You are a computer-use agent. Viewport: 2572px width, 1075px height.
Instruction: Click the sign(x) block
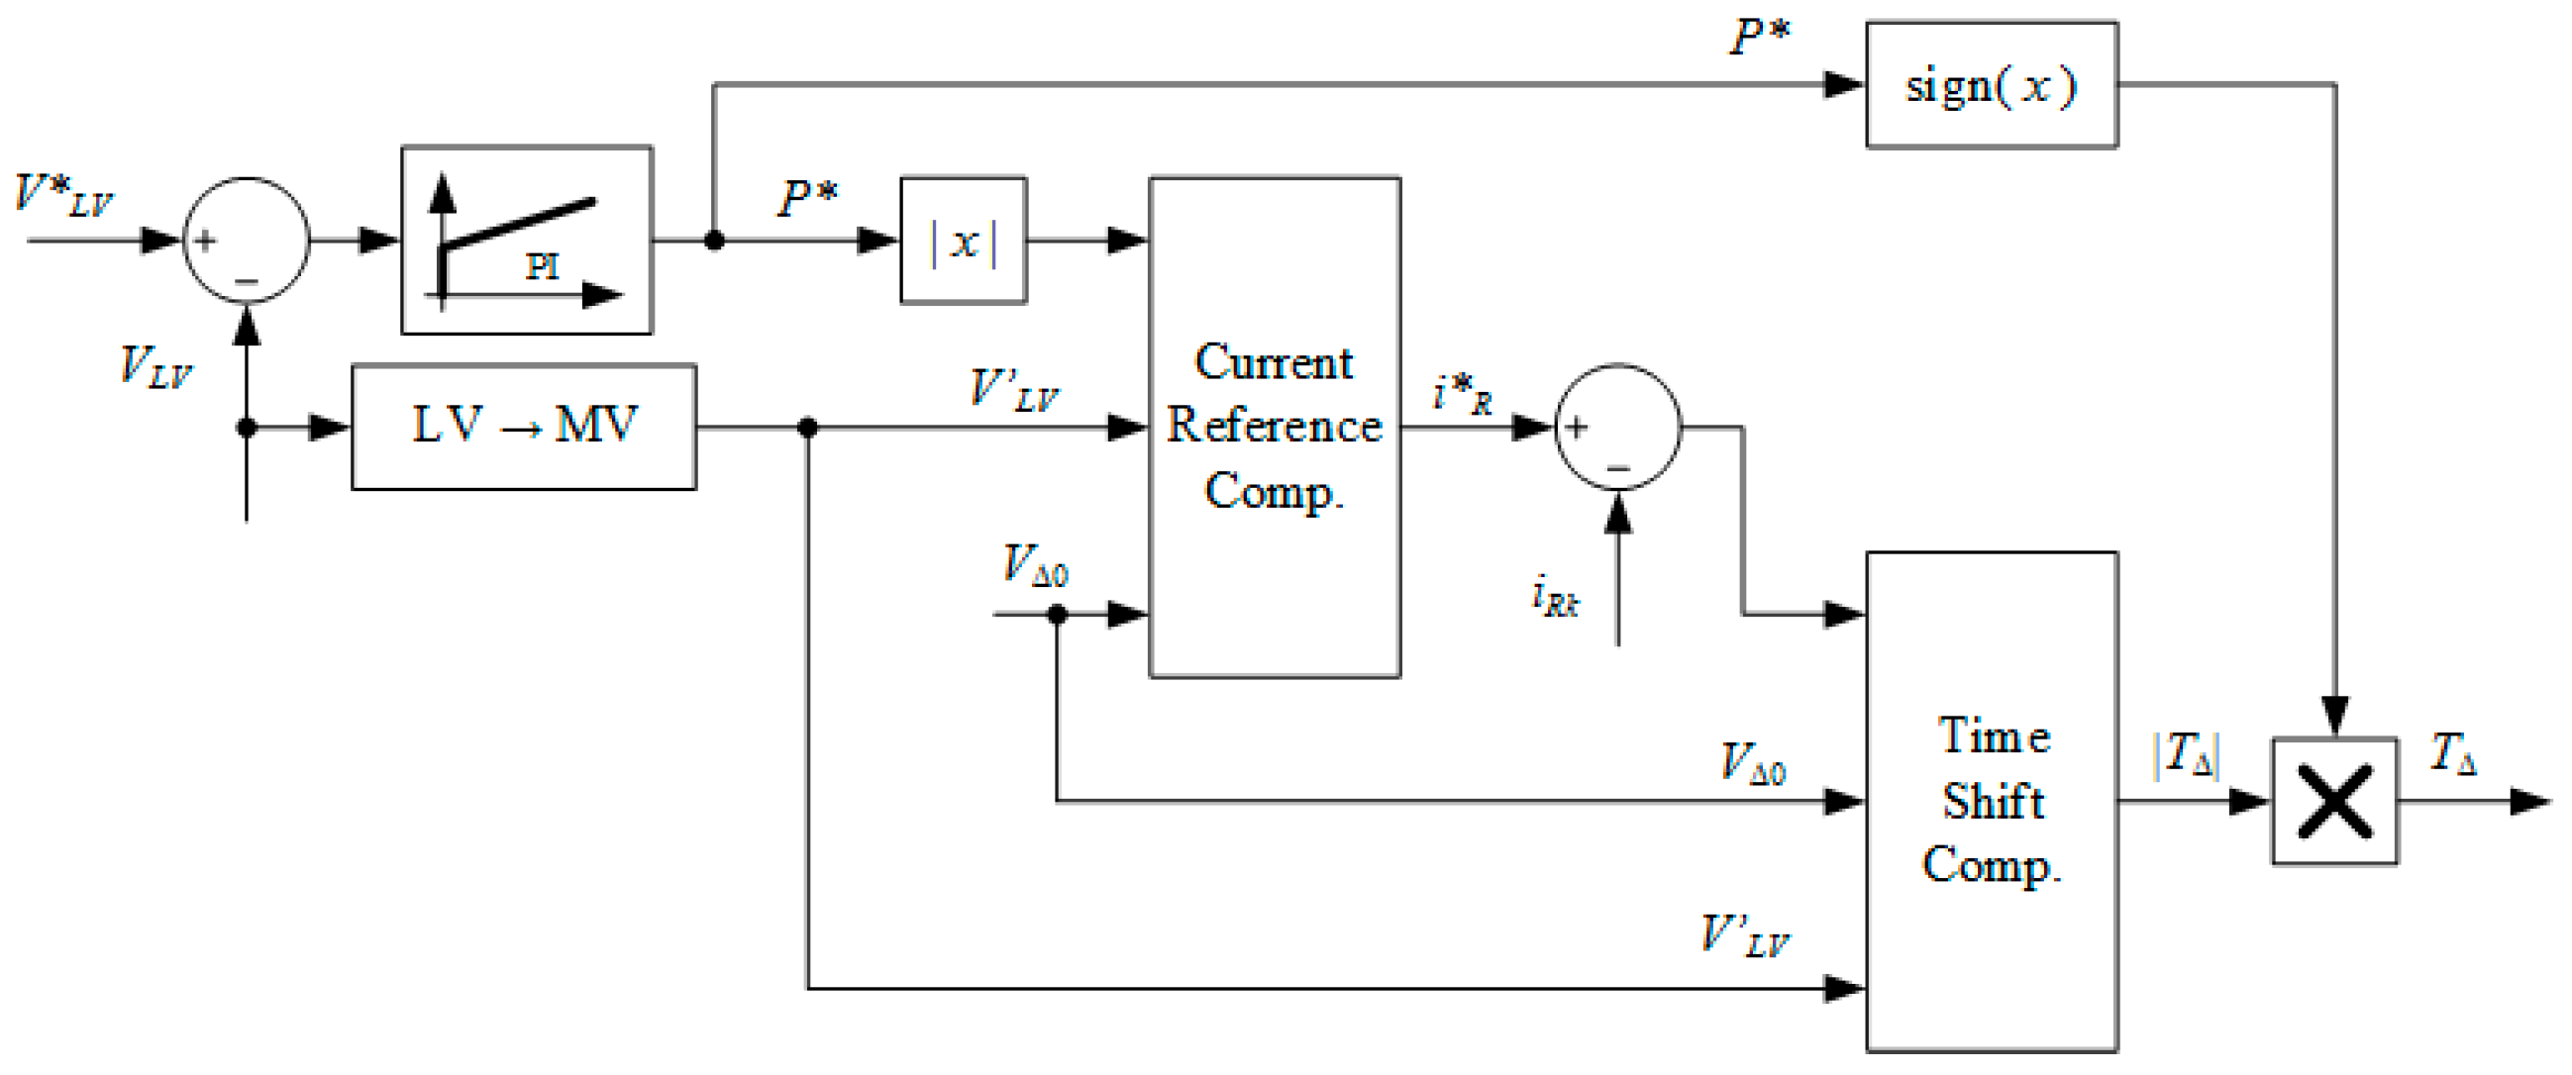pos(1990,86)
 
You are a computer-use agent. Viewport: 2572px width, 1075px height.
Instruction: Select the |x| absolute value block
pos(963,241)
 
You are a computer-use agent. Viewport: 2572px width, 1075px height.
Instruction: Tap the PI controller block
pos(526,241)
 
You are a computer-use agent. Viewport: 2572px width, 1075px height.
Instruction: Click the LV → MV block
pos(523,428)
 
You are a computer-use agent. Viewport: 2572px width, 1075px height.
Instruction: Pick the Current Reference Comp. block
pos(1274,428)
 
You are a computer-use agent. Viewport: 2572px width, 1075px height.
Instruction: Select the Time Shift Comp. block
pos(1991,801)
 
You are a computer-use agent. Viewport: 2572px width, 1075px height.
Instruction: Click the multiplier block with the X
pos(2333,801)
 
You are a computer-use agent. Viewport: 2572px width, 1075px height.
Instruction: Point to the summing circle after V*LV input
pos(246,241)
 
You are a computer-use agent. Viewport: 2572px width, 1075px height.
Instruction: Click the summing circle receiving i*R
pos(1616,428)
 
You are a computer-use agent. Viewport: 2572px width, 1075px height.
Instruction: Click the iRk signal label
pos(1555,597)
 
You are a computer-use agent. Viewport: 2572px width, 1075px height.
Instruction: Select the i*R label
pos(1462,394)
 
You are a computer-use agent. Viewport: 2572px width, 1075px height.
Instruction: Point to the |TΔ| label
pos(2186,754)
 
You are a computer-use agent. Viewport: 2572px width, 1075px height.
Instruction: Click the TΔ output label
pos(2452,752)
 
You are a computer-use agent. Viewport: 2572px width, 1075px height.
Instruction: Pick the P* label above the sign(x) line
pos(1760,38)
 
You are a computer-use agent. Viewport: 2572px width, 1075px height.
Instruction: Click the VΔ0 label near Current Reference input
pos(1034,566)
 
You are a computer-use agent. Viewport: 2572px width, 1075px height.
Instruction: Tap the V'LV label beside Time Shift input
pos(1744,936)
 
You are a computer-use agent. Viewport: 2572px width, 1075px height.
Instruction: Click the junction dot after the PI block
pos(714,241)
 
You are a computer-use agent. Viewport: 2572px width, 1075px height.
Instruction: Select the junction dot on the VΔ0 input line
pos(1057,614)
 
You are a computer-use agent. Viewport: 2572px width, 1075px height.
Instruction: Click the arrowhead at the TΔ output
pos(2530,801)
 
